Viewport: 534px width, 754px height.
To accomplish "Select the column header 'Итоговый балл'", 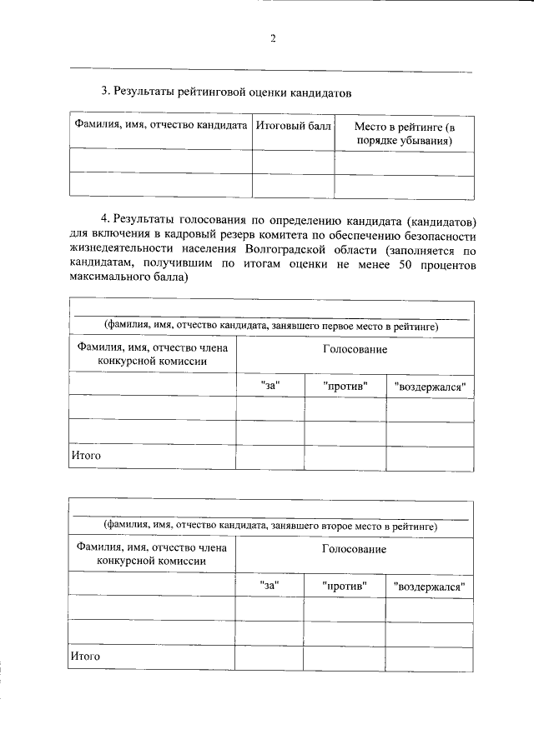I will (x=293, y=127).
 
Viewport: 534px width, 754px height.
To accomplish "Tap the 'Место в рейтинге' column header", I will (x=405, y=134).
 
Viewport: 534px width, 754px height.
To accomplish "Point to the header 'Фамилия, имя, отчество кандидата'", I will (x=161, y=127).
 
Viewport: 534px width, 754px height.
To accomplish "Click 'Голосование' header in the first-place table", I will (x=355, y=350).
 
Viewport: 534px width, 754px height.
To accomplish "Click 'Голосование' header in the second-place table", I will (x=354, y=550).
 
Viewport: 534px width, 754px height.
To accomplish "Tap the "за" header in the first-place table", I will (x=269, y=387).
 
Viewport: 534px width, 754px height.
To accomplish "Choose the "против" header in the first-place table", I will (x=344, y=387).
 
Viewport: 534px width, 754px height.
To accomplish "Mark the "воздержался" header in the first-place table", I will (x=429, y=387).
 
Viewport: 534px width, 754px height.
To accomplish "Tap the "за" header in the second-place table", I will (x=269, y=586).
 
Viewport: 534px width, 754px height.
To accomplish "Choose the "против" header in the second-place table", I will (x=344, y=586).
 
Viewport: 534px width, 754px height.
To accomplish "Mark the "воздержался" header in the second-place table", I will (x=429, y=587).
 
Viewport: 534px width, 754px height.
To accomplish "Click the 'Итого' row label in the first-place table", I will (x=85, y=457).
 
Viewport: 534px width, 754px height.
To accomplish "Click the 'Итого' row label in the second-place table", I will (x=85, y=657).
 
